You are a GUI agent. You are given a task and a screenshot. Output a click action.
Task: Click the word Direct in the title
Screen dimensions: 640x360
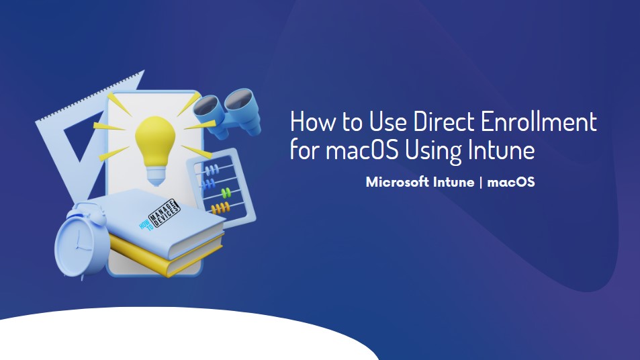click(444, 121)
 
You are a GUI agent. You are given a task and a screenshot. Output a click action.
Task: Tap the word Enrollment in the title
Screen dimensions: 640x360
click(539, 121)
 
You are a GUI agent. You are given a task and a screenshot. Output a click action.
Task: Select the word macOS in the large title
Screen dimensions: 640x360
click(361, 150)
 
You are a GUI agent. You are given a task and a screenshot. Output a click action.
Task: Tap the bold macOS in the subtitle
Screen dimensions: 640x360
click(510, 181)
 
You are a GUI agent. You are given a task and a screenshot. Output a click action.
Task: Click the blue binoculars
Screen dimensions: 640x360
click(228, 112)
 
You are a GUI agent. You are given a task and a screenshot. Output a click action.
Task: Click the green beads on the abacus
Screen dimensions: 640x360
click(226, 192)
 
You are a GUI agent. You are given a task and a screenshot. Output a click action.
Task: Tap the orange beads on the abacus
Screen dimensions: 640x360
click(220, 208)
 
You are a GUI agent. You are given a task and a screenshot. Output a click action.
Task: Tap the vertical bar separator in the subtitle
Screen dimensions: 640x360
click(481, 182)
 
